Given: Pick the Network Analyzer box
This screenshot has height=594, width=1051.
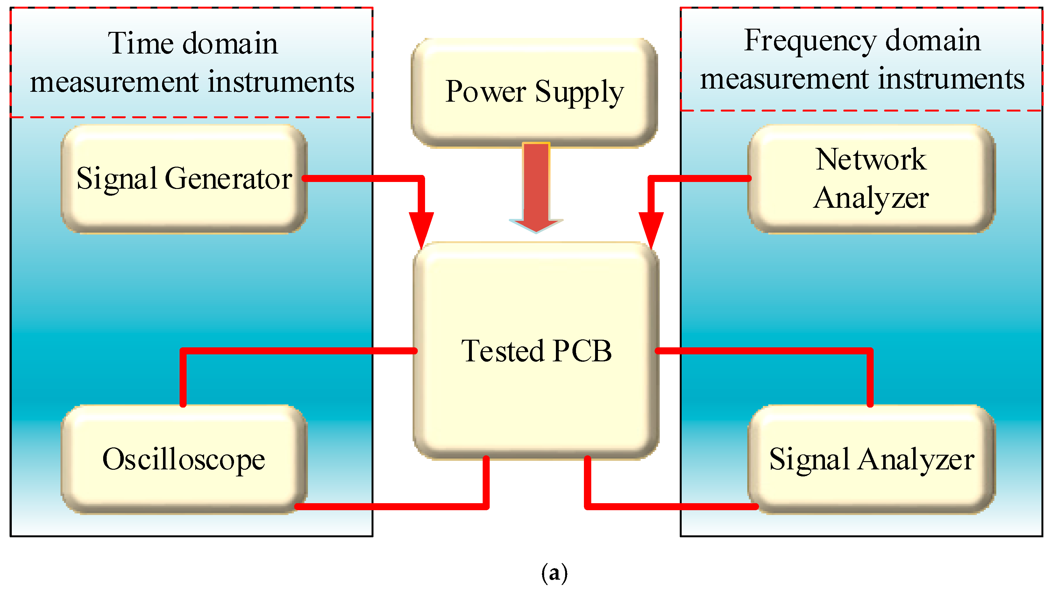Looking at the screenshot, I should pyautogui.click(x=871, y=179).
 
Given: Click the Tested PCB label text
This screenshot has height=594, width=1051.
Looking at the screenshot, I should pyautogui.click(x=536, y=351).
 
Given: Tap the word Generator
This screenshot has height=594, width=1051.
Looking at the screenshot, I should pyautogui.click(x=229, y=179).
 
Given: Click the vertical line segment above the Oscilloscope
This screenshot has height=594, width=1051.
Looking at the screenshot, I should pyautogui.click(x=183, y=378).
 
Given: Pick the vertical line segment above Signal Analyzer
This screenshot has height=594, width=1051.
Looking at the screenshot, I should pyautogui.click(x=870, y=378).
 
